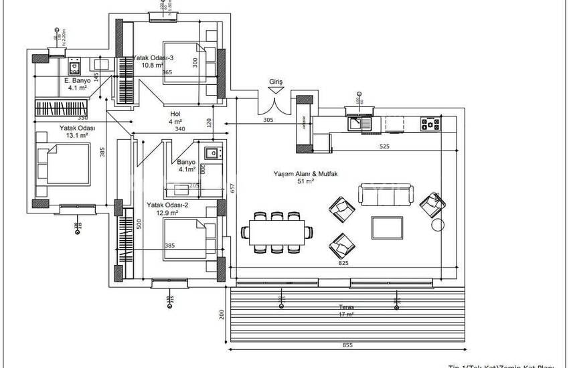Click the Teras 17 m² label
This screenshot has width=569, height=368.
pyautogui.click(x=346, y=310)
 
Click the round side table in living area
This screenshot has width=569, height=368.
pyautogui.click(x=438, y=225)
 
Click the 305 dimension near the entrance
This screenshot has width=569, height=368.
pyautogui.click(x=268, y=121)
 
